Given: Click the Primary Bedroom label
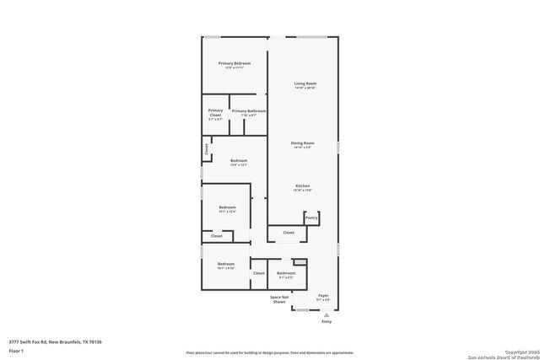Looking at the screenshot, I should click(235, 64).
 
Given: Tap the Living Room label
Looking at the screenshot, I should click(305, 83).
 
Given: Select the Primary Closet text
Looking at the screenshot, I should click(216, 113).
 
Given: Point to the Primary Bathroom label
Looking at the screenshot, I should click(249, 111).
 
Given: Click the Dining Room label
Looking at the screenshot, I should click(303, 143).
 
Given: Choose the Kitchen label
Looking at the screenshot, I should click(303, 185).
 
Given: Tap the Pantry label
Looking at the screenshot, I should click(311, 218).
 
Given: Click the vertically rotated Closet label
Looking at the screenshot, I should click(206, 149).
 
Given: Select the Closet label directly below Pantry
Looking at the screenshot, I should click(289, 233).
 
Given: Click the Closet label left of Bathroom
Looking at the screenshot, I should click(259, 273).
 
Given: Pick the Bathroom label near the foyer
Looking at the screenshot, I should click(286, 272).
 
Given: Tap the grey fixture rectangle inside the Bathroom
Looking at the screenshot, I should click(299, 262).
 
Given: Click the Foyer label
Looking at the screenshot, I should click(323, 296).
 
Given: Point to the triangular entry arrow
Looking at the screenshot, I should click(327, 314).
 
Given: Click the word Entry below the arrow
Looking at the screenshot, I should click(327, 322).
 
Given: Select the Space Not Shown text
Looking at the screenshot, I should click(279, 299).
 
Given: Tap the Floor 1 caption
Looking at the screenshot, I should click(17, 349).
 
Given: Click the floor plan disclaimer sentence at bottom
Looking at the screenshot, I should click(270, 351).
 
